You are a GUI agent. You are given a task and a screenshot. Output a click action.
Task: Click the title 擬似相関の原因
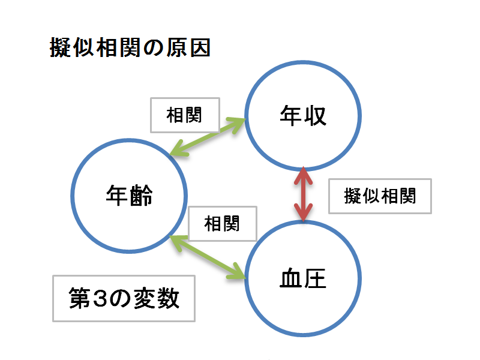coord(130,49)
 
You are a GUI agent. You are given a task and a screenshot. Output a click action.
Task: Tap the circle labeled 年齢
coord(129,195)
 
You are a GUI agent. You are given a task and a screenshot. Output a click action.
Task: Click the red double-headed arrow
coord(303,194)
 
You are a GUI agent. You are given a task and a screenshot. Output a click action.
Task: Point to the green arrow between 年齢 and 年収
coord(209,137)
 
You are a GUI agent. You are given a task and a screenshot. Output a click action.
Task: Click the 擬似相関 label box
coord(380,196)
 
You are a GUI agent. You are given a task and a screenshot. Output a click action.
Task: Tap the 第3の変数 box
coord(124,298)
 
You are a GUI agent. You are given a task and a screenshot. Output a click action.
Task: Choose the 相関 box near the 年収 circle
coord(184,115)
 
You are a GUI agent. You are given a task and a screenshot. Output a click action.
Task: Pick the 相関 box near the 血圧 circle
coord(222,224)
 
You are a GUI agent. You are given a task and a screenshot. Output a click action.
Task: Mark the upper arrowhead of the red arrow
coord(303,175)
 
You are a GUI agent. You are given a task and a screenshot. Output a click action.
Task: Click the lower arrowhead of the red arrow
coord(303,214)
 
